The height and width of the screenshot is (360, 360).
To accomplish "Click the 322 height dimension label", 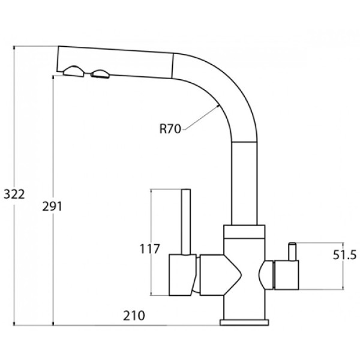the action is [x=14, y=194].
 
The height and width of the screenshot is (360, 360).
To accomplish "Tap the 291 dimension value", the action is [x=52, y=206].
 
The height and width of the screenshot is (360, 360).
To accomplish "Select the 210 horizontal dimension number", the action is [x=134, y=316].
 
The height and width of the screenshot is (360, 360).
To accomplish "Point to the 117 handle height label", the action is [x=149, y=249].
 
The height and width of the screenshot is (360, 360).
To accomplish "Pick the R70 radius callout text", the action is [x=170, y=129].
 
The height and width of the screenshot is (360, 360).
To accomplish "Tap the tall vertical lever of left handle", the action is [x=186, y=222].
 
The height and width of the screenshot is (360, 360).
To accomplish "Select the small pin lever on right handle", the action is [x=292, y=251].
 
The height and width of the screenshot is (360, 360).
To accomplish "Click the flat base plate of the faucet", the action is [x=244, y=322].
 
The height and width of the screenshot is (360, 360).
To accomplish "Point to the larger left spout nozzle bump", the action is [x=74, y=71].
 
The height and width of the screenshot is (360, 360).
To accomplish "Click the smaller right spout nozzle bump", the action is [x=100, y=74].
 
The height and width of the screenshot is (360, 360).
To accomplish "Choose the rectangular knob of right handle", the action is [x=286, y=275].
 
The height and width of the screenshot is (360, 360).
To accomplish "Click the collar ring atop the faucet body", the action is [x=244, y=232].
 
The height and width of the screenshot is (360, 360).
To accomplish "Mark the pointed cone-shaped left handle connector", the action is [x=221, y=275].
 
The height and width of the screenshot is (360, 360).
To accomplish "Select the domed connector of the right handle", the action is [x=266, y=275].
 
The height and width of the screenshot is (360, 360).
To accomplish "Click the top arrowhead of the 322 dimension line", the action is [x=14, y=47].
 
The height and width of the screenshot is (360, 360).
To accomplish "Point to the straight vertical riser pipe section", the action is [x=244, y=183].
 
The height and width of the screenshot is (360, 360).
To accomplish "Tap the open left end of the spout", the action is [x=58, y=59].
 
